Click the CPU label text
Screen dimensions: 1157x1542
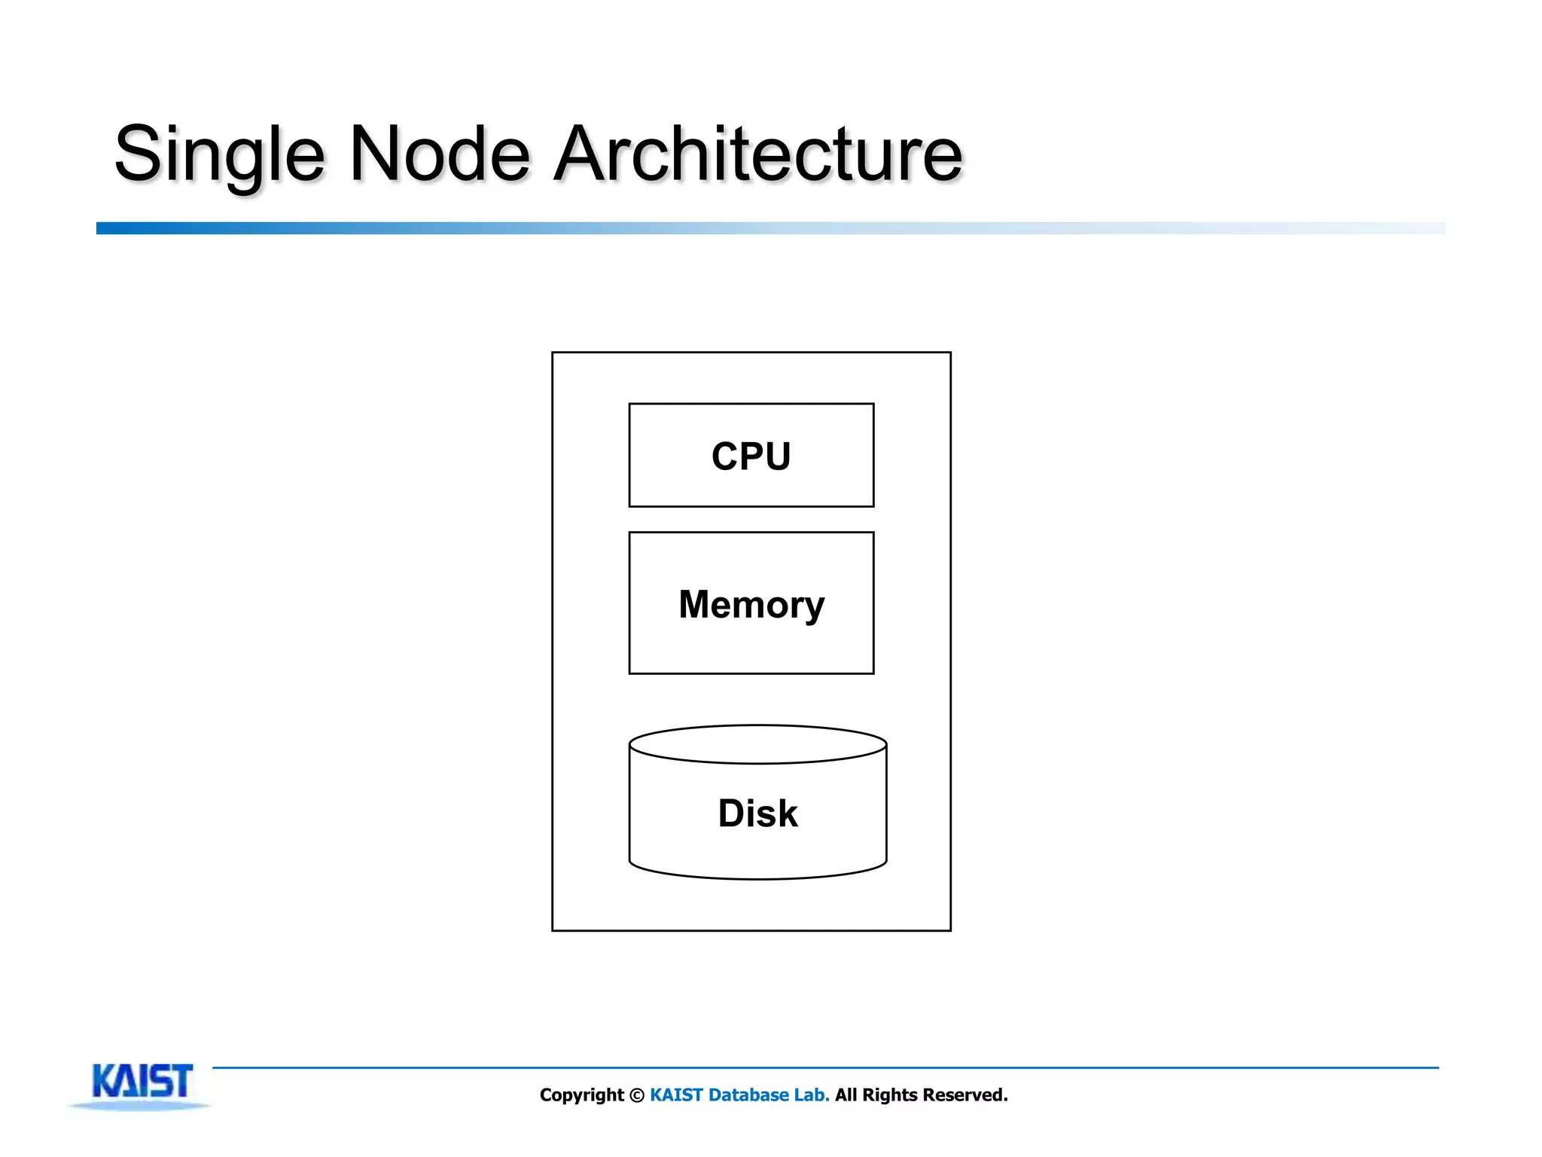click(x=751, y=456)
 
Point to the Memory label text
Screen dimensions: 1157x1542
click(x=751, y=605)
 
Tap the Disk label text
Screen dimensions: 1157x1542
click(x=757, y=814)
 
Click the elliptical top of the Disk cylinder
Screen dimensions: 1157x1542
click(x=757, y=744)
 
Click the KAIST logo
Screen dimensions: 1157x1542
click(x=142, y=1082)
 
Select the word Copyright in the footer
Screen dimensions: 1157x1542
click(x=581, y=1095)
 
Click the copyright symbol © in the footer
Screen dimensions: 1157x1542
click(x=637, y=1095)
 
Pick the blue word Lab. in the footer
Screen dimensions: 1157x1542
click(x=812, y=1095)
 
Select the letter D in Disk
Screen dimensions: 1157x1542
click(x=732, y=814)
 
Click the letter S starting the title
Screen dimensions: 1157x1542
click(x=136, y=154)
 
